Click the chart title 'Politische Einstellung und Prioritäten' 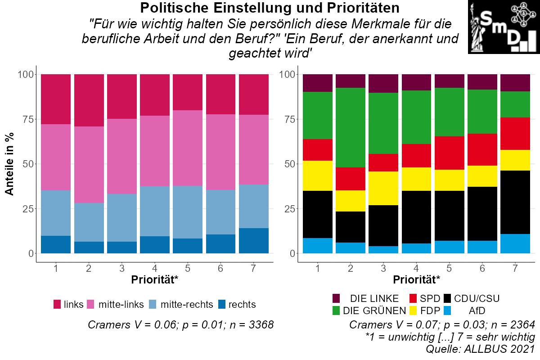pyautogui.click(x=270, y=8)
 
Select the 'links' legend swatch pyautogui.click(x=57, y=304)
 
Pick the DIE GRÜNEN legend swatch pyautogui.click(x=336, y=310)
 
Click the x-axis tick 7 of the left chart pyautogui.click(x=254, y=269)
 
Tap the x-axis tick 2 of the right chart pyautogui.click(x=351, y=269)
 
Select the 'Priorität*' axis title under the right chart pyautogui.click(x=417, y=280)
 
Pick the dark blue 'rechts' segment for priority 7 pyautogui.click(x=254, y=241)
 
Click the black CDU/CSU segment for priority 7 pyautogui.click(x=516, y=202)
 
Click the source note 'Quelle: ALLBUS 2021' pyautogui.click(x=480, y=348)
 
